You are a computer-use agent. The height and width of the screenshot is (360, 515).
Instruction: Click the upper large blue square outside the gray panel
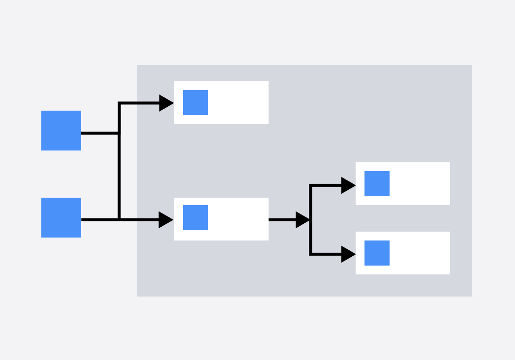[x=61, y=130]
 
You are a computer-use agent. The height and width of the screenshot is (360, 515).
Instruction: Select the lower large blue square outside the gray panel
[x=61, y=217]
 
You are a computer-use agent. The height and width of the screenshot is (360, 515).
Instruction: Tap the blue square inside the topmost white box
[x=195, y=102]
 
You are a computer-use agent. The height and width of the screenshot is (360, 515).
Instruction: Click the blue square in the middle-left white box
[x=195, y=217]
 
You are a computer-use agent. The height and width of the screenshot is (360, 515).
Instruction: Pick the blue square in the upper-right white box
[x=377, y=183]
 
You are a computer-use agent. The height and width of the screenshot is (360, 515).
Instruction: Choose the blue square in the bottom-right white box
[x=377, y=253]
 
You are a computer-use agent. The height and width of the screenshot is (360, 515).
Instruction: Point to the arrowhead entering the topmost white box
[x=166, y=103]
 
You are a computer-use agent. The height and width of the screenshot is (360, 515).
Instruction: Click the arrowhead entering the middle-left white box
[x=166, y=220]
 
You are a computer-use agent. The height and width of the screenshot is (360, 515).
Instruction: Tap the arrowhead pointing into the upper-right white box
[x=348, y=185]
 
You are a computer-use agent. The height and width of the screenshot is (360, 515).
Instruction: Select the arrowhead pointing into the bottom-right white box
[x=348, y=254]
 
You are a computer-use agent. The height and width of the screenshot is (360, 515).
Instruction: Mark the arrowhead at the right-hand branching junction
[x=303, y=220]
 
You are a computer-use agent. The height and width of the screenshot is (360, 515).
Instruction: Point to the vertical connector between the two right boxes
[x=310, y=236]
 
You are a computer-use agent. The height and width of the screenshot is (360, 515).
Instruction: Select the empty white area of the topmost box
[x=238, y=102]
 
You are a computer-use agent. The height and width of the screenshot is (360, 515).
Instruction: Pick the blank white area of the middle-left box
[x=238, y=219]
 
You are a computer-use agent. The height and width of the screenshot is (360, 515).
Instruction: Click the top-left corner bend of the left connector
[x=120, y=103]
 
